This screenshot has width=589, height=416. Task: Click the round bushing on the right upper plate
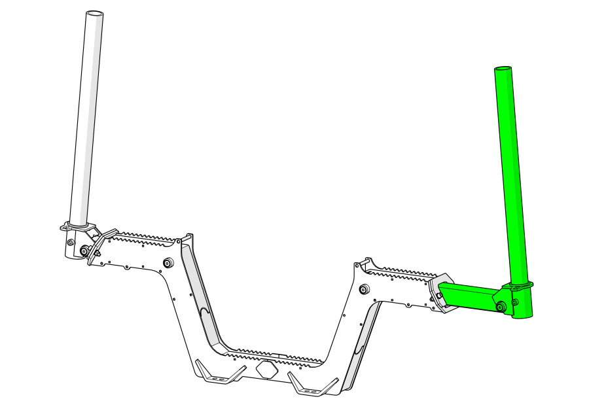pyautogui.click(x=364, y=288)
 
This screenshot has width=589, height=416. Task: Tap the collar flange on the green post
pyautogui.click(x=518, y=286)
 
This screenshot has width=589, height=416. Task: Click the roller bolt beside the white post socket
pyautogui.click(x=85, y=250)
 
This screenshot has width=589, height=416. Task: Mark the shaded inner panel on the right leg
pyautogui.click(x=363, y=340)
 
